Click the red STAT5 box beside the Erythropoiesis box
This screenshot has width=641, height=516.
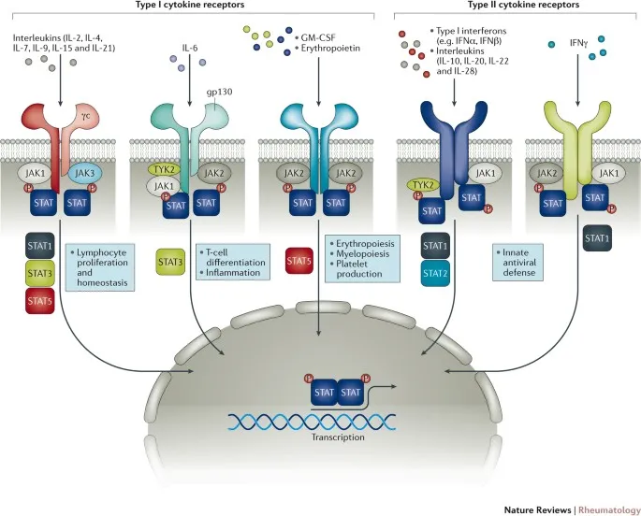tap(300, 263)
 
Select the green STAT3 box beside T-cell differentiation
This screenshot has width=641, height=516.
tap(170, 263)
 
